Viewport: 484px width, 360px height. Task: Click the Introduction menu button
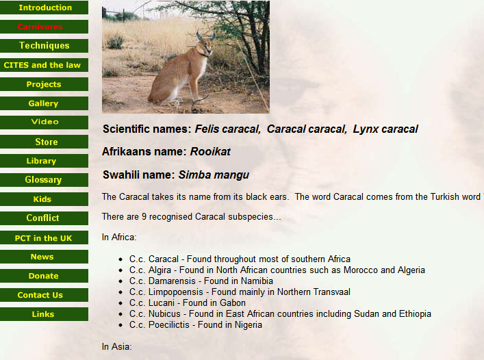(44, 8)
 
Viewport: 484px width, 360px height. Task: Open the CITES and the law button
(44, 65)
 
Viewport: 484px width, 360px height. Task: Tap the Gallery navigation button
(44, 103)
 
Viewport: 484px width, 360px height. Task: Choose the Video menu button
(44, 122)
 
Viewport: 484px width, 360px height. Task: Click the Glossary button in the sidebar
(44, 179)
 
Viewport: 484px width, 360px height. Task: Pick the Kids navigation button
(44, 199)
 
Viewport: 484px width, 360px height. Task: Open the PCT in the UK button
(44, 237)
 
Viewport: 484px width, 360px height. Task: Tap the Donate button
(44, 276)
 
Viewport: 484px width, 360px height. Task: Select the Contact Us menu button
(44, 295)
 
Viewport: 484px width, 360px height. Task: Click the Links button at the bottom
(44, 314)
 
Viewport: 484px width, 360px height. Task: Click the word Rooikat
(210, 152)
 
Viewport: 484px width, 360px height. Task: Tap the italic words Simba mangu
(214, 175)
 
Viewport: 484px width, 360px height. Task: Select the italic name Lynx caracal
(385, 129)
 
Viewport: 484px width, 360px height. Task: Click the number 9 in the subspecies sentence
(144, 217)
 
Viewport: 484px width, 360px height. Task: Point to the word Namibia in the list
(257, 281)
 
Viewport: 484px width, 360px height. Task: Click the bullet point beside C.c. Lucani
(120, 304)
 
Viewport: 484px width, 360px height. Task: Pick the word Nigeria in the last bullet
(249, 325)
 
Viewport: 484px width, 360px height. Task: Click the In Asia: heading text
(116, 347)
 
